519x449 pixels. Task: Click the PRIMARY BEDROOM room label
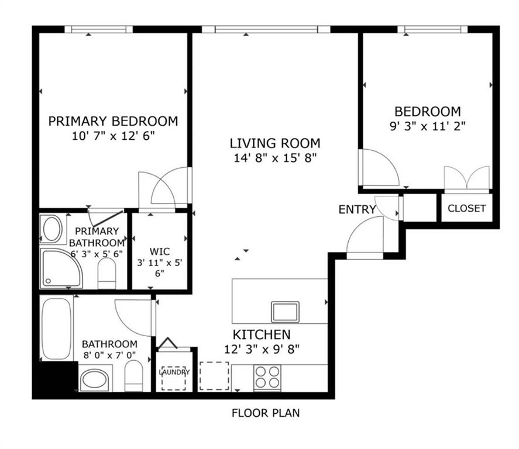(113, 122)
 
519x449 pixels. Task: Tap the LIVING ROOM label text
(274, 143)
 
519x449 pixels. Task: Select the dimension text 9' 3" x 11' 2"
(427, 125)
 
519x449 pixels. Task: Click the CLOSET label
(466, 209)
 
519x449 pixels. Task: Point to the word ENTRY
(357, 209)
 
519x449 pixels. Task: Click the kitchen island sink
(285, 311)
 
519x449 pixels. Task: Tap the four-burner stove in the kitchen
(267, 377)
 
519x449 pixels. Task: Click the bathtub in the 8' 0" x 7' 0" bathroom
(56, 328)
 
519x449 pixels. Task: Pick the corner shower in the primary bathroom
(60, 268)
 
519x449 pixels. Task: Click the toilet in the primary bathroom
(106, 274)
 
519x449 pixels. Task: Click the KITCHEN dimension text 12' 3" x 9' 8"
(262, 350)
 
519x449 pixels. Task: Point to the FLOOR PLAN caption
(266, 413)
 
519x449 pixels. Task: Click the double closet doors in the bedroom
(466, 179)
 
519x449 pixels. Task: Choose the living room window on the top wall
(266, 29)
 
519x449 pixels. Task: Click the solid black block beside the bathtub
(54, 377)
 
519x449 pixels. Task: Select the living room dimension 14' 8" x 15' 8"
(274, 158)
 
